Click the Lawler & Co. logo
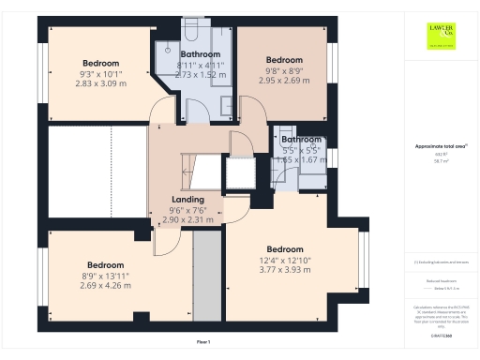[x=442, y=36]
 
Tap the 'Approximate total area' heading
[x=440, y=146]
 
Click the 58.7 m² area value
[x=440, y=161]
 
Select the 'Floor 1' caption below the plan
[x=202, y=343]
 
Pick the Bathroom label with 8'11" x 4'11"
[x=199, y=54]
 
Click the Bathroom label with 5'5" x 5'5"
[x=301, y=140]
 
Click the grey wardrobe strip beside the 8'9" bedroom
[x=206, y=276]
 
